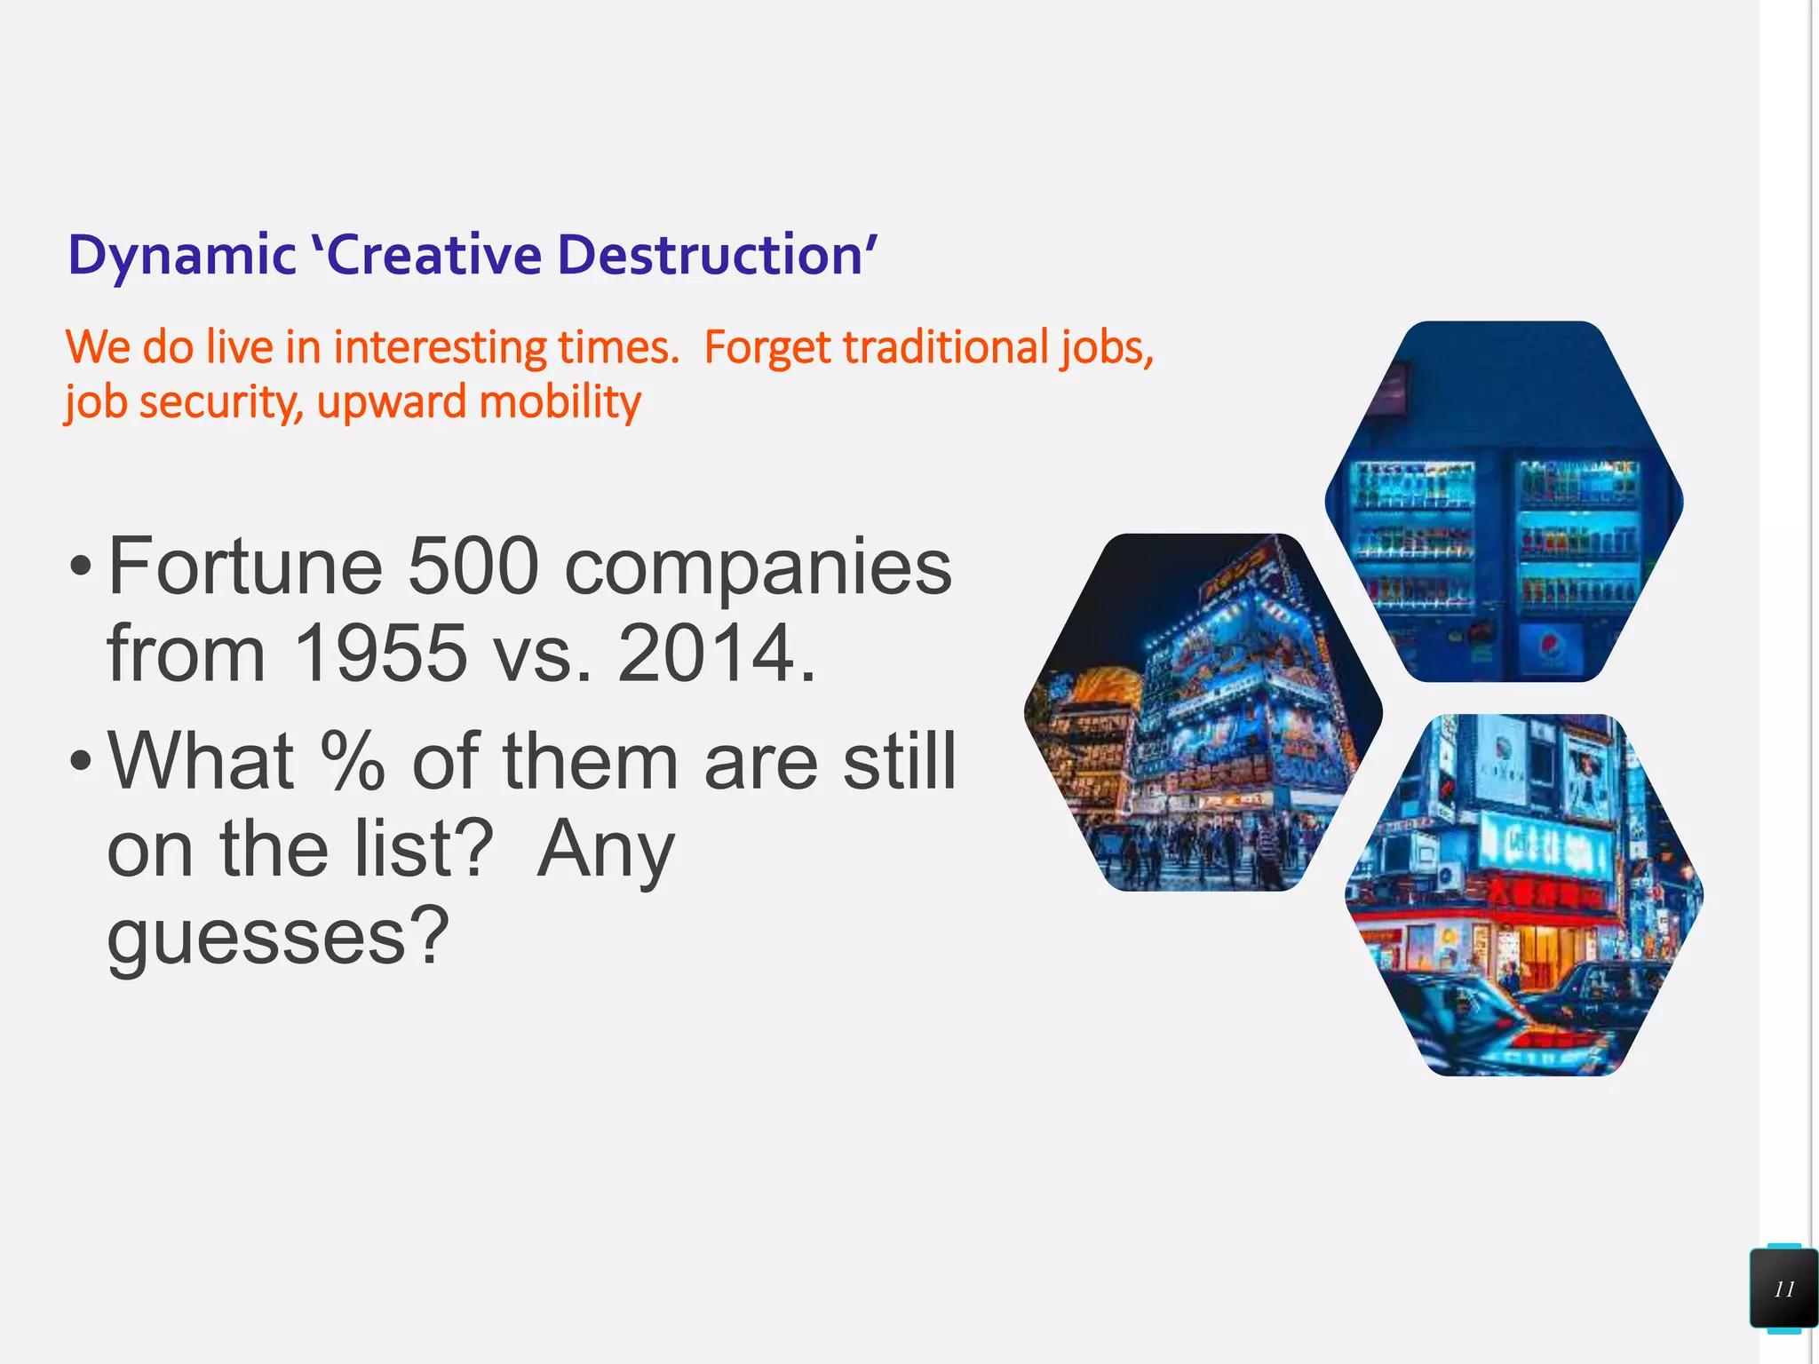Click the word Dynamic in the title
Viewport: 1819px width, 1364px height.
click(x=181, y=256)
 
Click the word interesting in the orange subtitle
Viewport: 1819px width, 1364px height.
click(x=441, y=347)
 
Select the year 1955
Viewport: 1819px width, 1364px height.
click(x=379, y=654)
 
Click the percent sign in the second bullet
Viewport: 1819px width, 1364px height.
click(x=353, y=761)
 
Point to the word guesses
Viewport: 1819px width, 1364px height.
click(x=277, y=937)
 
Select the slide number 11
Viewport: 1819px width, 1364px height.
click(x=1783, y=1289)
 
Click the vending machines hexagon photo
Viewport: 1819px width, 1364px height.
click(x=1504, y=502)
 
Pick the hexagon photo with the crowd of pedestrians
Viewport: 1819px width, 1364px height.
click(x=1203, y=712)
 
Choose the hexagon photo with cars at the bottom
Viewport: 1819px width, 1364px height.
click(x=1524, y=895)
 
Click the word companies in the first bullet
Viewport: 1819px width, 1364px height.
click(x=758, y=568)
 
